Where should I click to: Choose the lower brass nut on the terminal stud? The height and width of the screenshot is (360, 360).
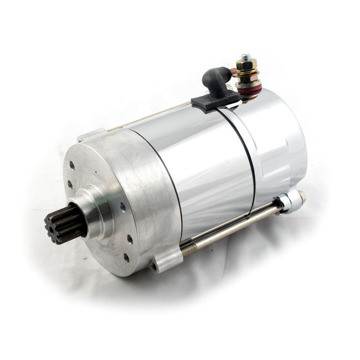point(248,75)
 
